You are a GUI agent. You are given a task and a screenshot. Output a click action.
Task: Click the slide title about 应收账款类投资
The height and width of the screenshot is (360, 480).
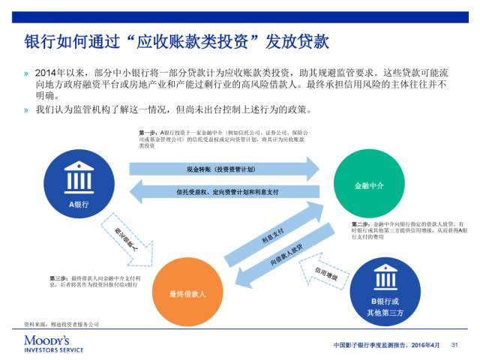pyautogui.click(x=177, y=39)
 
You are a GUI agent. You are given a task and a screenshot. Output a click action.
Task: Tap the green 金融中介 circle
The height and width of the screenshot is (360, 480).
pyautogui.click(x=368, y=184)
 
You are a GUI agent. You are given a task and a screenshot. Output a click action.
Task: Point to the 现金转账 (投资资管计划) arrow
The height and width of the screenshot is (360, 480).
pyautogui.click(x=223, y=169)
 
